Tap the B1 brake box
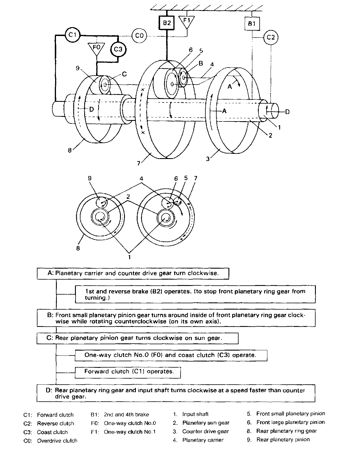(252, 23)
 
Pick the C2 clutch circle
(271, 37)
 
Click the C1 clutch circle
(72, 35)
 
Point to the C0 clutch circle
(139, 36)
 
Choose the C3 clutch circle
(118, 49)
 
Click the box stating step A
(133, 273)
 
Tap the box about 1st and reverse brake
(195, 294)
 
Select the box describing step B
(176, 318)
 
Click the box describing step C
(137, 338)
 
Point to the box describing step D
(176, 393)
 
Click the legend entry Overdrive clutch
(57, 441)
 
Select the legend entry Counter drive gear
(205, 431)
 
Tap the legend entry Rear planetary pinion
(283, 439)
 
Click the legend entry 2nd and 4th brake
(126, 415)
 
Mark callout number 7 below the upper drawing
(138, 163)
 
